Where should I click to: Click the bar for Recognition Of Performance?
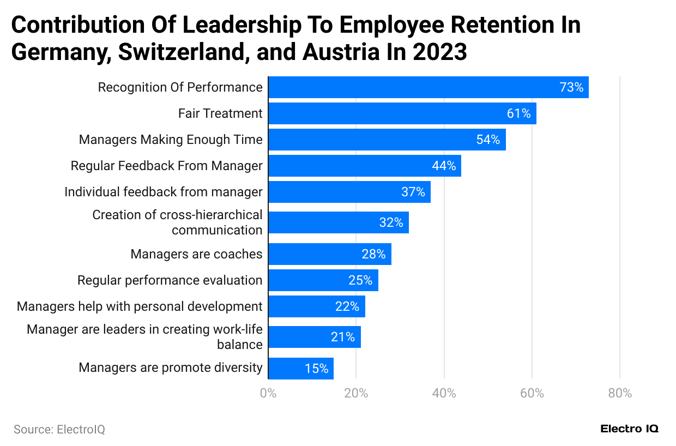(428, 87)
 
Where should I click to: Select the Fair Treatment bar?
(402, 113)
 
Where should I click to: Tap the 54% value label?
(488, 140)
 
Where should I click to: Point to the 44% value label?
(444, 166)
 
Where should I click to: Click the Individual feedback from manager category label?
(163, 192)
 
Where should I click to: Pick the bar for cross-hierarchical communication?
(338, 222)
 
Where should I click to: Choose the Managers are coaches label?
(196, 254)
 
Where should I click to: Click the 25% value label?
(360, 280)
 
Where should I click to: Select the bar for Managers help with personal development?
(316, 306)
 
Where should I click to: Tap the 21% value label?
(343, 337)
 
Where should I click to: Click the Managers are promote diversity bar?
(300, 369)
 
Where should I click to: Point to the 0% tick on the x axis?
(268, 393)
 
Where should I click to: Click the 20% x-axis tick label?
(356, 393)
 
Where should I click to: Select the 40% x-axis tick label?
(444, 393)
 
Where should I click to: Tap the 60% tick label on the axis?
(532, 393)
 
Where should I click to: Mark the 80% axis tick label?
(619, 393)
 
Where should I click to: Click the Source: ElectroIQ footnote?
(59, 430)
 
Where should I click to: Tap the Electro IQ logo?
(629, 429)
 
